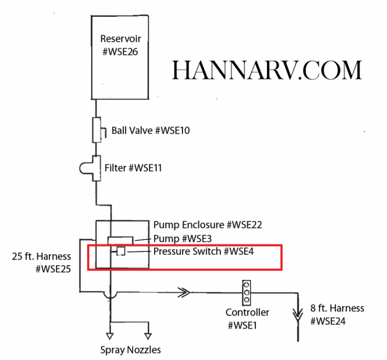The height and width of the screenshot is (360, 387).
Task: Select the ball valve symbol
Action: [97, 130]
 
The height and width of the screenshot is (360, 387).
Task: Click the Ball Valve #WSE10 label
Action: [150, 130]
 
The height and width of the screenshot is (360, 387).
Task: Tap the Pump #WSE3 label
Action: [176, 239]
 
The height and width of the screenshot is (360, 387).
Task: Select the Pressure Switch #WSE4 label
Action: [203, 251]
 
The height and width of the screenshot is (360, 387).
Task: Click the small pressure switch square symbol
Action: [120, 251]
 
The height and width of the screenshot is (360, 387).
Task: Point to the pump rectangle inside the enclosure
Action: [120, 241]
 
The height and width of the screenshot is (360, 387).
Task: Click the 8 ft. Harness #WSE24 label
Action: [337, 314]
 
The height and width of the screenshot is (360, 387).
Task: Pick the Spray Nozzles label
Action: [130, 350]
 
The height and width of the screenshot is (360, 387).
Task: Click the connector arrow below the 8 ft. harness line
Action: [297, 315]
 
